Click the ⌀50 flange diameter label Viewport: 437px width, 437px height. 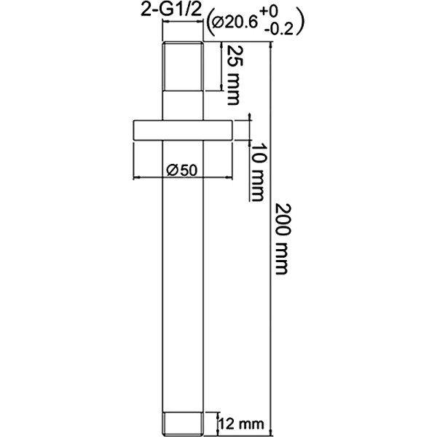coord(182,170)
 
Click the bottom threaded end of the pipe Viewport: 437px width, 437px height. coord(181,422)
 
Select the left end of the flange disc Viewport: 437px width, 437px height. coord(135,129)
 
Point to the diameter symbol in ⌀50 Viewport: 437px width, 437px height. coord(172,170)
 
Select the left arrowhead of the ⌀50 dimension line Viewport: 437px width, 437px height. coord(136,177)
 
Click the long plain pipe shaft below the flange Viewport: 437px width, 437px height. coord(181,291)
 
